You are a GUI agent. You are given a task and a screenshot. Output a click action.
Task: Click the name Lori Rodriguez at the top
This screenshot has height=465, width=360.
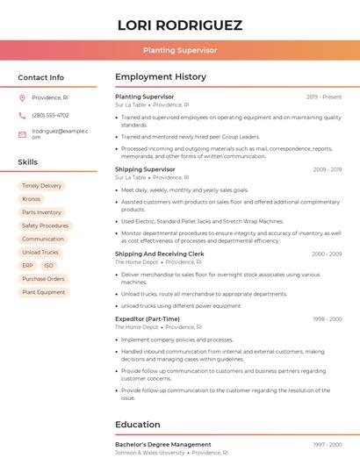coord(180,25)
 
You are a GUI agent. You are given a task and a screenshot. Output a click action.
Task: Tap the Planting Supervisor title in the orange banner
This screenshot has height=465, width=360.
coord(180,50)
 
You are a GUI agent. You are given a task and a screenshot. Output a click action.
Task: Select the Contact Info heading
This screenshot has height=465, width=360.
coord(41,77)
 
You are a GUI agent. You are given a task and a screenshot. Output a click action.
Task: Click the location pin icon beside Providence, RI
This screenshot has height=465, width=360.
coord(22,97)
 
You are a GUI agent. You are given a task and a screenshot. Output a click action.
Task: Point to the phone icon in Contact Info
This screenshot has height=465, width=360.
coord(22,115)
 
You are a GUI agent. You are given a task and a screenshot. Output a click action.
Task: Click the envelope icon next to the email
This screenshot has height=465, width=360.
coord(22,133)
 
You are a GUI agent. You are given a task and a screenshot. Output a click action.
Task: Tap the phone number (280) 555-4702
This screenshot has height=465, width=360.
coord(50,115)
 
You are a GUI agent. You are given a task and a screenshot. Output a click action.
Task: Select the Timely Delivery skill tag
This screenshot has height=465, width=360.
coord(42,186)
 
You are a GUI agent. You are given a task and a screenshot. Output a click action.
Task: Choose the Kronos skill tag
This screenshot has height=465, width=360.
coord(32,199)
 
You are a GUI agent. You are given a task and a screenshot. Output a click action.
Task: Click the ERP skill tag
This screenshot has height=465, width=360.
coord(28,265)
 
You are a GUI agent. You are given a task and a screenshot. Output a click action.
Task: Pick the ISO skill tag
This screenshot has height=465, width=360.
coord(48,265)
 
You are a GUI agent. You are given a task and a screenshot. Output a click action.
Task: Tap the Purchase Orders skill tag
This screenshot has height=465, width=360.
coord(44,279)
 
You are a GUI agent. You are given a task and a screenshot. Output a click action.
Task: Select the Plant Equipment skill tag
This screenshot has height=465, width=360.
coord(44,292)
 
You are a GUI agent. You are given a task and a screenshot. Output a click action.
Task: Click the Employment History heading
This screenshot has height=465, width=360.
coord(161,77)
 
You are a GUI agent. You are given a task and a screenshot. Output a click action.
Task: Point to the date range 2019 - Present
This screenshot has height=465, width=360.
coord(324,97)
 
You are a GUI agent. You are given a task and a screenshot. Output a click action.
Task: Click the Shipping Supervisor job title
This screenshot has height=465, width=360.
coord(145,169)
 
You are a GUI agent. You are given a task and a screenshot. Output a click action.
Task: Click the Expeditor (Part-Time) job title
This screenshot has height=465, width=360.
coord(148,319)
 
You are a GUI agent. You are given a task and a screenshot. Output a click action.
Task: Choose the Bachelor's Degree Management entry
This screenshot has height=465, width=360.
coord(162,445)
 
